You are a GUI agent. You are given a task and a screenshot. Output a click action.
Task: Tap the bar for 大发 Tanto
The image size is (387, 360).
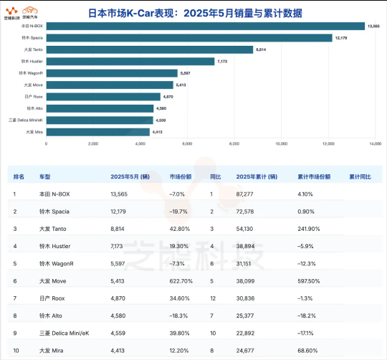coord(150,49)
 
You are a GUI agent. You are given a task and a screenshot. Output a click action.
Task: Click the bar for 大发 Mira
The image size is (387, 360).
coord(98,132)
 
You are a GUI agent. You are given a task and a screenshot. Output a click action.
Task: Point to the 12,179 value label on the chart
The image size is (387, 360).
coord(343,37)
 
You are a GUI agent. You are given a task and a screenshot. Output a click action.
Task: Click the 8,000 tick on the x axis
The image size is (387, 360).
coord(234,143)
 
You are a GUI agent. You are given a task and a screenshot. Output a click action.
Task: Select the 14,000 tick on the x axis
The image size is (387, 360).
coord(375,143)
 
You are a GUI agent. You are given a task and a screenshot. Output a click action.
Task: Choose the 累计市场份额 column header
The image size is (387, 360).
coord(314,176)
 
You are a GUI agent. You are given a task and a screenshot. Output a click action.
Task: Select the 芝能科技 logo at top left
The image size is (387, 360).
coord(12,11)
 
